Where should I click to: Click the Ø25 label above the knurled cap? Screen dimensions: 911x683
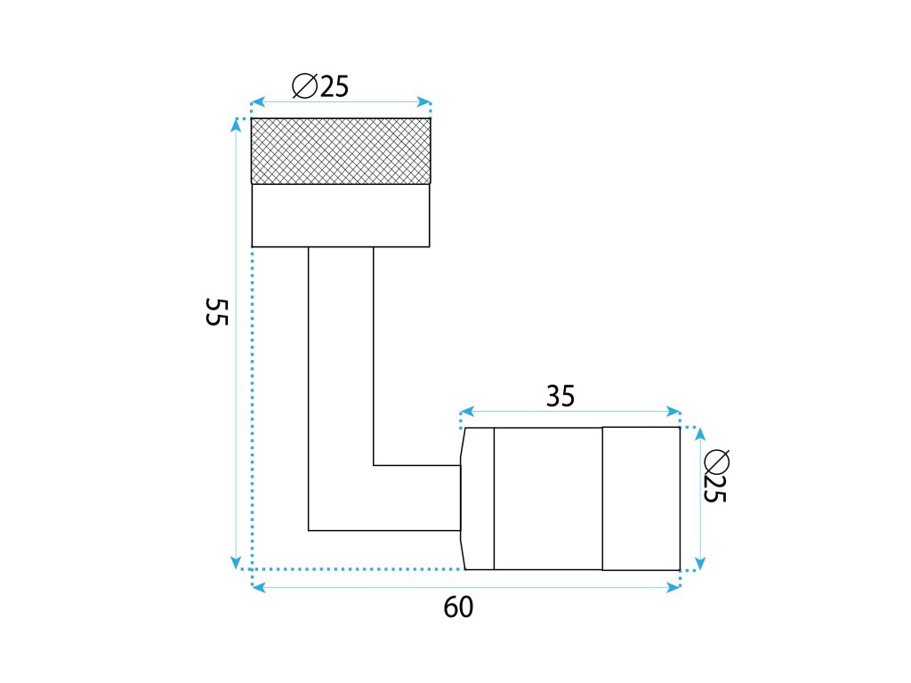point(320,86)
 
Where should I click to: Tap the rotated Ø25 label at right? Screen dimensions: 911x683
point(715,477)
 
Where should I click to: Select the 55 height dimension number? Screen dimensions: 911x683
point(217,312)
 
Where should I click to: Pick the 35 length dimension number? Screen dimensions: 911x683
point(560,397)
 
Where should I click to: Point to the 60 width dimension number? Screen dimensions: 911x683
point(458,608)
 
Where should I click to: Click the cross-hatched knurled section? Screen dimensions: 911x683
point(341,151)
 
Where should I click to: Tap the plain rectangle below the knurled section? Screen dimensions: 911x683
point(341,214)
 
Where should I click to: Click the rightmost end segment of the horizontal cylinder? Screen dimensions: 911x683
point(641,498)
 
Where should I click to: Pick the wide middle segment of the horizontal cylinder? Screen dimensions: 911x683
point(548,498)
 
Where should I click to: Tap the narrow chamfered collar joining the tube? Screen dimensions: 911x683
point(478,498)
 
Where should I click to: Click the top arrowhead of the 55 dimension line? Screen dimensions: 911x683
point(236,125)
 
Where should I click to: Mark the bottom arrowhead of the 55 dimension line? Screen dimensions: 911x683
point(236,563)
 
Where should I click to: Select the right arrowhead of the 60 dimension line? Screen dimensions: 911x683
point(674,587)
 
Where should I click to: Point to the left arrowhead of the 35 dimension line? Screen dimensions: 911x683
point(466,413)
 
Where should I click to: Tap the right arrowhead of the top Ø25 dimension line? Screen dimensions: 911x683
point(425,102)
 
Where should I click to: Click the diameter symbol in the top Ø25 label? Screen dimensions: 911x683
point(304,86)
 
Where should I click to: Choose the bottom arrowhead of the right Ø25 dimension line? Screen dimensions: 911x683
point(700,563)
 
